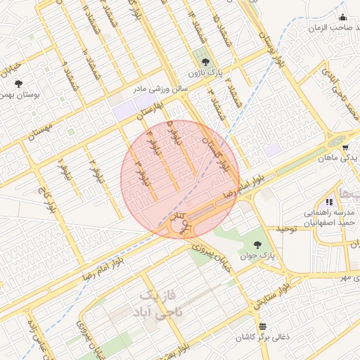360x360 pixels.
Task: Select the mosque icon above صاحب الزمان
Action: point(342,18)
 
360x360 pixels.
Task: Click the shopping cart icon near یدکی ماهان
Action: point(346,147)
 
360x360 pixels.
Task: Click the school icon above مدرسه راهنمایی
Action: point(329,202)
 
